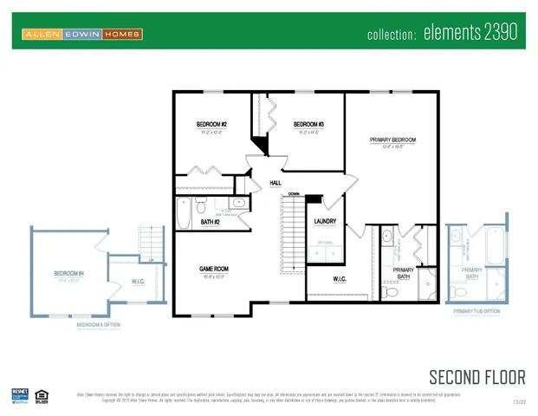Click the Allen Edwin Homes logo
(82, 35)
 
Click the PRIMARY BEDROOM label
(392, 140)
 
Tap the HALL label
(275, 184)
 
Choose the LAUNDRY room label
(325, 222)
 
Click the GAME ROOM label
(213, 270)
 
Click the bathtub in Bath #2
(184, 212)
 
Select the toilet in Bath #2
(200, 206)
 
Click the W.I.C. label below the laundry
(340, 279)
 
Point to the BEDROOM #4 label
(68, 274)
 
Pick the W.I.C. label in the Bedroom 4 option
(125, 281)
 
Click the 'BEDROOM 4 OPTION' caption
(97, 325)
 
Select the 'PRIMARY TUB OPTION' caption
(476, 310)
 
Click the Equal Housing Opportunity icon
(41, 395)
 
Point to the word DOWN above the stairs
(294, 194)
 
